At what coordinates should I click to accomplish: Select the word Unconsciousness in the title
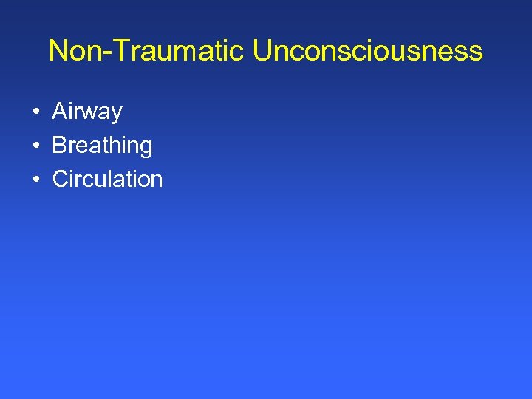point(367,51)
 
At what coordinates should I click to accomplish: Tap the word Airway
point(87,112)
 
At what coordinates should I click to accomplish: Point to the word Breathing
point(102,146)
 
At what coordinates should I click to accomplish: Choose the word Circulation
point(107,179)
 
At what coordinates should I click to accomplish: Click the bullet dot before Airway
point(35,112)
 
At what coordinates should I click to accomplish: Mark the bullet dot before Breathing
point(35,146)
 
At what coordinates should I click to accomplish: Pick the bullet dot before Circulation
point(35,180)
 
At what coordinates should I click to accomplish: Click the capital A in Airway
point(60,112)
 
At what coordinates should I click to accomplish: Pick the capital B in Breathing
point(60,146)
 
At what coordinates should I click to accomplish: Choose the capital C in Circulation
point(61,179)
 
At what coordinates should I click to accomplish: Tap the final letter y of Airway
point(116,115)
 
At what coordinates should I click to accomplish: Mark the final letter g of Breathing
point(146,148)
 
